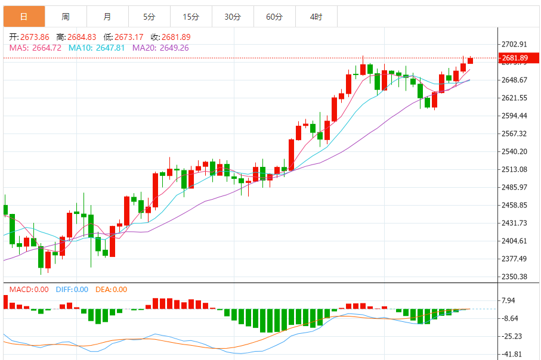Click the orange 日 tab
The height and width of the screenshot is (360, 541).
pos(23,17)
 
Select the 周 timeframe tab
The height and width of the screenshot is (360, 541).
pos(65,17)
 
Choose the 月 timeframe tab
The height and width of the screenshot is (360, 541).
pos(107,17)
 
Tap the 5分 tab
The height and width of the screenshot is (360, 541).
pos(149,17)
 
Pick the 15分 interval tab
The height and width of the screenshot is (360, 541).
pos(190,17)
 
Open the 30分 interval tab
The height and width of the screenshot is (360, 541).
pos(232,17)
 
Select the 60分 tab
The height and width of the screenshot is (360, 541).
pos(274,17)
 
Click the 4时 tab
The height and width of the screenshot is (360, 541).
pos(316,17)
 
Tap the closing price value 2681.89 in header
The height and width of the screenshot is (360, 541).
pos(178,37)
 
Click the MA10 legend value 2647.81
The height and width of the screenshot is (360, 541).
pos(97,48)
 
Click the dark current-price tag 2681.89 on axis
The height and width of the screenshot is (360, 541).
pos(515,58)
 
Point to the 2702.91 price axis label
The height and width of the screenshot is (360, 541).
pos(515,44)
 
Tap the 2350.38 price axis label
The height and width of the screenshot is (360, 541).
pos(515,277)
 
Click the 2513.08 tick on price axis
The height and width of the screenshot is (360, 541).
pos(515,169)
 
